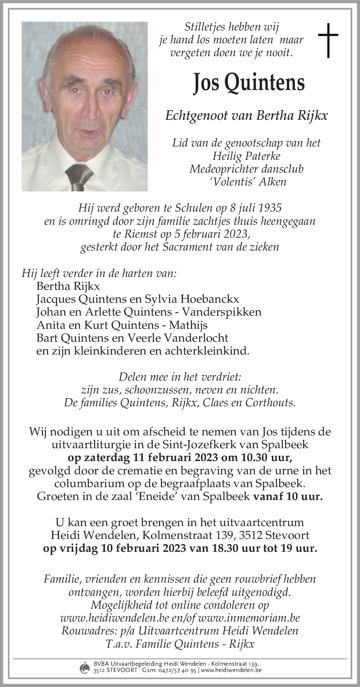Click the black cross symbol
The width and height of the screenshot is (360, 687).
[x=328, y=40]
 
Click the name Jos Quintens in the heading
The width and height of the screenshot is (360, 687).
[x=249, y=83]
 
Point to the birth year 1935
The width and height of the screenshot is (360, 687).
[x=270, y=208]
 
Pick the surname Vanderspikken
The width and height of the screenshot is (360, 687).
[x=222, y=312]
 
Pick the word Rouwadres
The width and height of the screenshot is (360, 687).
[x=89, y=631]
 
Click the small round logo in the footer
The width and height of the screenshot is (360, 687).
[x=84, y=667]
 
